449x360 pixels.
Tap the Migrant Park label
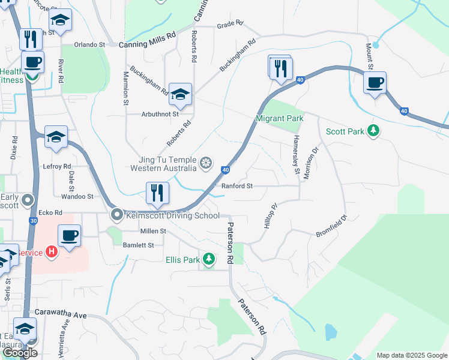279,119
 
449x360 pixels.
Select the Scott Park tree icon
374,131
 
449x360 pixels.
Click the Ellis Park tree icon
208,259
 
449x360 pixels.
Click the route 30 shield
32,221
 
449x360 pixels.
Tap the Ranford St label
237,186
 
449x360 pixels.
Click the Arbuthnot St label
160,113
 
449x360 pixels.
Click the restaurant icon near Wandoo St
156,193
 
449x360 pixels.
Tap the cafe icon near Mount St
375,82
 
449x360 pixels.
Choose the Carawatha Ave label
61,314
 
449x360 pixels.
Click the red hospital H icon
51,252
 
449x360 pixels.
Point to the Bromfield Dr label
331,226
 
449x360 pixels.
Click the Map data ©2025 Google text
411,355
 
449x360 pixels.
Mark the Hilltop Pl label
270,215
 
